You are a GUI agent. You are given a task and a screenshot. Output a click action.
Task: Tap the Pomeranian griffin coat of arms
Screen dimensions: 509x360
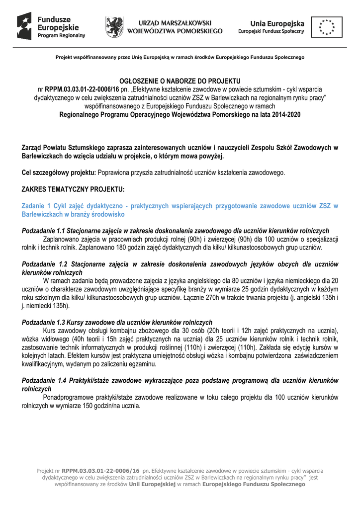(x=114, y=27)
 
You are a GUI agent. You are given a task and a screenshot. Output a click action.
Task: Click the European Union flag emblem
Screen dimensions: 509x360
(x=327, y=27)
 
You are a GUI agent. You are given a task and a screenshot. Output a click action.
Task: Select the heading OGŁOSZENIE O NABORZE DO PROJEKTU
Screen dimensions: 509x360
(x=180, y=81)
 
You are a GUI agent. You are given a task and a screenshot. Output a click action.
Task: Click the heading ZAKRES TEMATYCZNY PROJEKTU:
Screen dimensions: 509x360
(x=73, y=190)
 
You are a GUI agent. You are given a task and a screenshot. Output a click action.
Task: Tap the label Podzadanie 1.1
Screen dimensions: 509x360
(x=44, y=231)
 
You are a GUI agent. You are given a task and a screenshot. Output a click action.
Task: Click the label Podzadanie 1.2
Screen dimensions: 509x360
(x=45, y=264)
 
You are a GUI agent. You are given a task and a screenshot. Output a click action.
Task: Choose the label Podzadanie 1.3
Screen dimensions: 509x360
(x=44, y=323)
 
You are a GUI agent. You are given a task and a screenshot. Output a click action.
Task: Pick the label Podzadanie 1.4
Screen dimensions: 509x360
(x=45, y=381)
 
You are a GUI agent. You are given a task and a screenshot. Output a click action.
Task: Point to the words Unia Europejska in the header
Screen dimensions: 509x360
(x=277, y=23)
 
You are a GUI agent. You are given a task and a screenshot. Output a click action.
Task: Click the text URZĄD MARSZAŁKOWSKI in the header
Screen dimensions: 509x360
(x=175, y=23)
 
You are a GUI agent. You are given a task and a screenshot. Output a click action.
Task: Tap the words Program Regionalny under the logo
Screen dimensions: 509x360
(x=61, y=36)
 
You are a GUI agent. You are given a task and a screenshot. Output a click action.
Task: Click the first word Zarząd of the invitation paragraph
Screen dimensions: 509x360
(x=33, y=148)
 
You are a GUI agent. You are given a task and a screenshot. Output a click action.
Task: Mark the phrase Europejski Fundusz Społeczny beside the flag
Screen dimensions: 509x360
(x=270, y=31)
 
